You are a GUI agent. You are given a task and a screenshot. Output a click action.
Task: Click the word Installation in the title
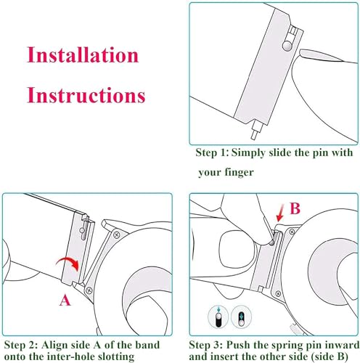(x=83, y=54)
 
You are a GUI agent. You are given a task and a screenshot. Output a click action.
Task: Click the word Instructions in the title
(x=86, y=95)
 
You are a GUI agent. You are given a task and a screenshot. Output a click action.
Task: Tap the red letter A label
(x=65, y=301)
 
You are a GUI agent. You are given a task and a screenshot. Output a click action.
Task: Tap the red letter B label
(x=295, y=208)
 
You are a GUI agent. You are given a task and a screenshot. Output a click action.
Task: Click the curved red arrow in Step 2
(x=68, y=262)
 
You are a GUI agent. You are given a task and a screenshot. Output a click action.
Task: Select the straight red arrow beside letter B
(x=280, y=213)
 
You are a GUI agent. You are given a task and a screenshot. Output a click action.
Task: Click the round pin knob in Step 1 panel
(x=287, y=46)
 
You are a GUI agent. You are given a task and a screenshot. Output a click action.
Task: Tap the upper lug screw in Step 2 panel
(x=117, y=234)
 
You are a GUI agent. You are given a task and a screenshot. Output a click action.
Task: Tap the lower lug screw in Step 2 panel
(x=89, y=290)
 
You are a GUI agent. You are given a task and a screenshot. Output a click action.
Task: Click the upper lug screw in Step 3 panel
(x=292, y=232)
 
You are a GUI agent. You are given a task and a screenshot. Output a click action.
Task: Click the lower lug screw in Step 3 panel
(x=278, y=293)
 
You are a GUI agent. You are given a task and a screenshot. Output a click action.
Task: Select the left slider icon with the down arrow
(x=218, y=317)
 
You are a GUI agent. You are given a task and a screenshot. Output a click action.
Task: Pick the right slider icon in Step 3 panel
(x=241, y=317)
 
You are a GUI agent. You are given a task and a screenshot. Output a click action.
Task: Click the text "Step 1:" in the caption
(x=212, y=152)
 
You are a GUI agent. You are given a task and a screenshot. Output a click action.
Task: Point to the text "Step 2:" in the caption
(x=21, y=345)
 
